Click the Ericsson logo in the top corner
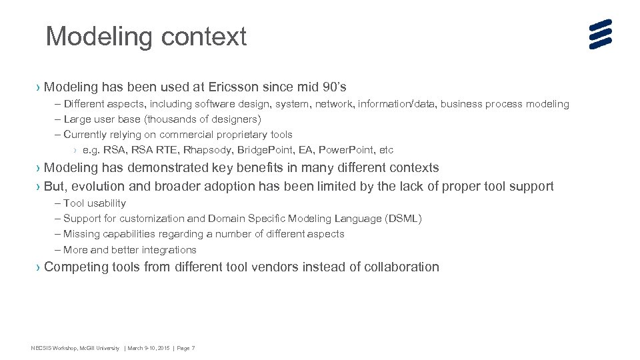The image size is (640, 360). [x=600, y=34]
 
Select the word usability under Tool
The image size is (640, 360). [x=107, y=203]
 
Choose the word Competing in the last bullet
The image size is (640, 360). [x=76, y=267]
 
